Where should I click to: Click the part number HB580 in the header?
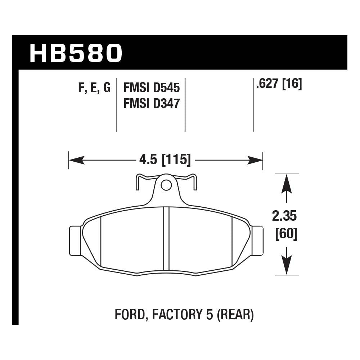[x=76, y=53]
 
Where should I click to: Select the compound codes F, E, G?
[x=94, y=88]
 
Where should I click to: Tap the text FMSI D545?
[x=152, y=88]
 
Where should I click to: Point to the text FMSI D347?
[x=152, y=104]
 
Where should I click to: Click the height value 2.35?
[x=284, y=217]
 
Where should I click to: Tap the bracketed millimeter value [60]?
[x=286, y=234]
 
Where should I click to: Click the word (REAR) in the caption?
[x=235, y=315]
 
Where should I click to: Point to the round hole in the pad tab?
[x=166, y=185]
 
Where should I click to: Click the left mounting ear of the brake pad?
[x=75, y=240]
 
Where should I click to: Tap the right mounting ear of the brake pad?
[x=257, y=240]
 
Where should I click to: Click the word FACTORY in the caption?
[x=174, y=315]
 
